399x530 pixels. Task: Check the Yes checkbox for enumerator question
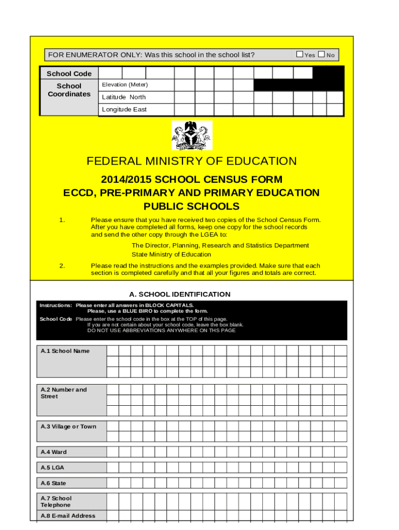pyautogui.click(x=300, y=54)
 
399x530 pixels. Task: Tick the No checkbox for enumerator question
pyautogui.click(x=321, y=54)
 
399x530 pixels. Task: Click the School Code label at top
pyautogui.click(x=69, y=73)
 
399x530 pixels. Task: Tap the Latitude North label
pyautogui.click(x=124, y=97)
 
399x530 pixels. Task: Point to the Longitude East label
pyautogui.click(x=124, y=109)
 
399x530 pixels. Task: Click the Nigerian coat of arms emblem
pyautogui.click(x=192, y=136)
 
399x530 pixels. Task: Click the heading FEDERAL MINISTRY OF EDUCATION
pyautogui.click(x=191, y=161)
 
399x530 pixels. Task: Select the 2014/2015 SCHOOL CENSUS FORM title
pyautogui.click(x=191, y=180)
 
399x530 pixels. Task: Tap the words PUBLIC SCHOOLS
pyautogui.click(x=191, y=207)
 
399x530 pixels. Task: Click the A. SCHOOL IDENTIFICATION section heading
pyautogui.click(x=180, y=294)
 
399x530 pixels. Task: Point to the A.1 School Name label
pyautogui.click(x=65, y=351)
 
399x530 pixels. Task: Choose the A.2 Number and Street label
pyautogui.click(x=64, y=393)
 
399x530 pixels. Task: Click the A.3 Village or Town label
pyautogui.click(x=68, y=426)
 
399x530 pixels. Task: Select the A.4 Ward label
pyautogui.click(x=54, y=452)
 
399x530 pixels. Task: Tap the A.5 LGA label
pyautogui.click(x=52, y=467)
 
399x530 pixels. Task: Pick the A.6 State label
pyautogui.click(x=53, y=483)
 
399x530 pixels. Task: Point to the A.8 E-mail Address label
pyautogui.click(x=68, y=516)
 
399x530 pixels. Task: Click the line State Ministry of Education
pyautogui.click(x=171, y=254)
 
